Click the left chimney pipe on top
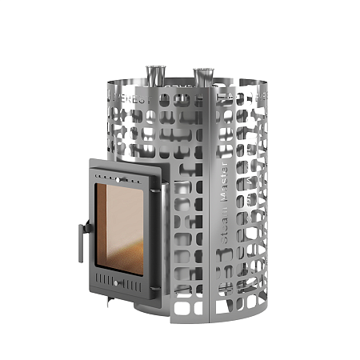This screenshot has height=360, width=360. (151, 74)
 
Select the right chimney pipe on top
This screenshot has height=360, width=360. (202, 77)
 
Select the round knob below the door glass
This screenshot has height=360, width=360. (118, 284)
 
